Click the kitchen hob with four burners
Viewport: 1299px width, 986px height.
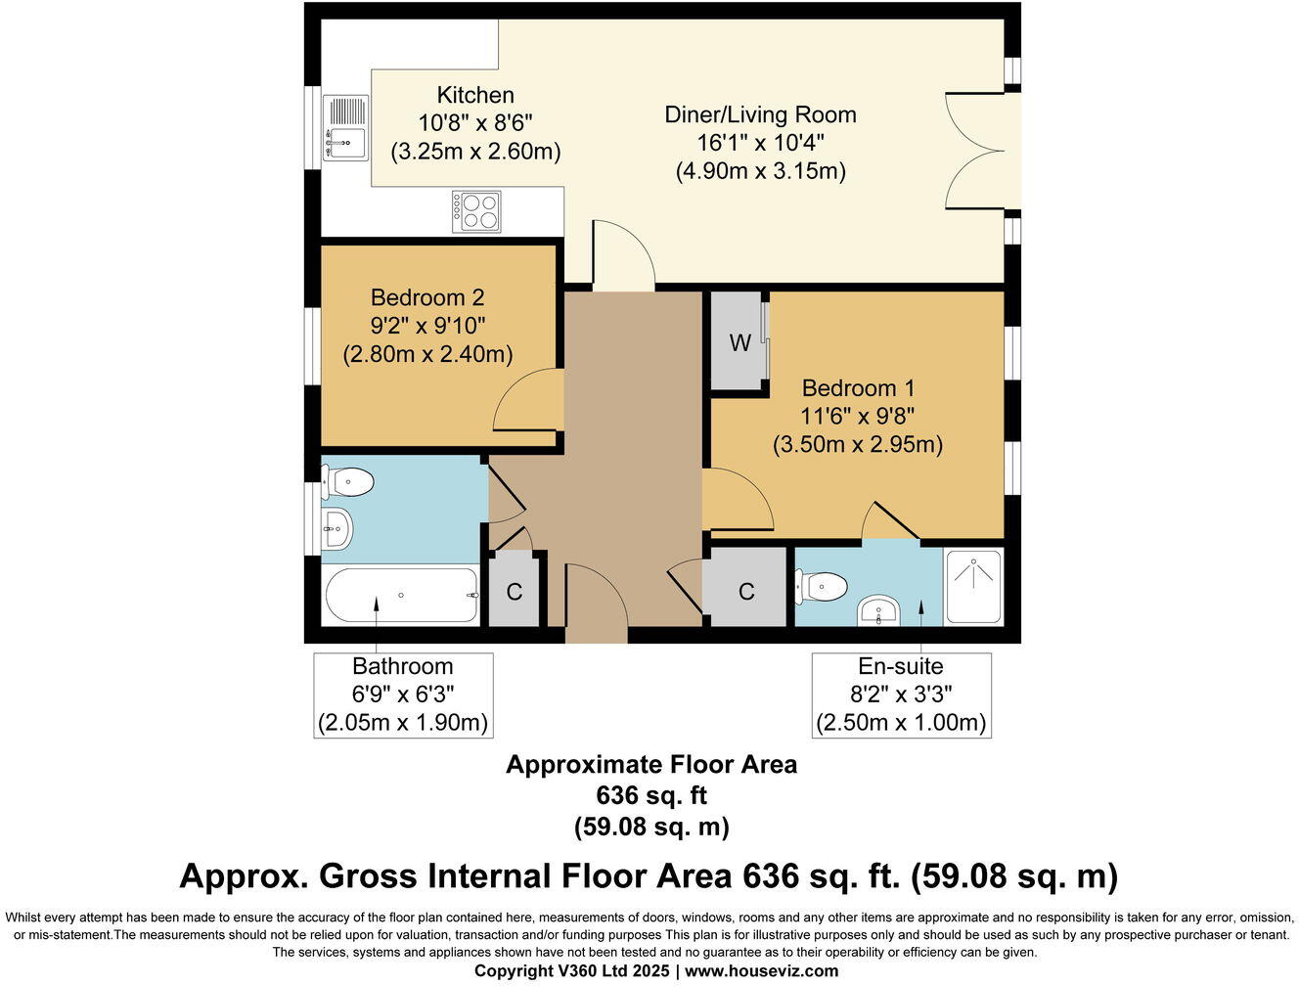[x=476, y=211]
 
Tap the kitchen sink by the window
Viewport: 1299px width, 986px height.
[x=345, y=127]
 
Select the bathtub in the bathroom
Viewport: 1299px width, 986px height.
[x=401, y=595]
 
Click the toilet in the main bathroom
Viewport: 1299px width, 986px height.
[x=347, y=482]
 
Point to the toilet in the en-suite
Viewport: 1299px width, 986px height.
[x=821, y=587]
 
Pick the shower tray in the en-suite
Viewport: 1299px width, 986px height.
[x=974, y=587]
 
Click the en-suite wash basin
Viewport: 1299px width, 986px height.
[x=878, y=610]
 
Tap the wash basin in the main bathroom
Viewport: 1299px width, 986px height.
[x=337, y=528]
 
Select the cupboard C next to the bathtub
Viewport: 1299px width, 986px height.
[x=514, y=591]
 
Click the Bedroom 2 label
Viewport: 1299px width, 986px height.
[x=427, y=297]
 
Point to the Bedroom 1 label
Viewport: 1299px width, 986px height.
[x=858, y=388]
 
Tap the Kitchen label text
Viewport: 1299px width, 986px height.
[x=475, y=95]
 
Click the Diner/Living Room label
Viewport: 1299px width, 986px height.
[x=760, y=114]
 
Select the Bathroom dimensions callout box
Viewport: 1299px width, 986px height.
[x=403, y=695]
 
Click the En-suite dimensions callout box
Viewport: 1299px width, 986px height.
[x=901, y=695]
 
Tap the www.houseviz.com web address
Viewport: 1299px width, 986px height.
[x=762, y=971]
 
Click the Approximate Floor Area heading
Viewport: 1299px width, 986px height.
[x=651, y=764]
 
